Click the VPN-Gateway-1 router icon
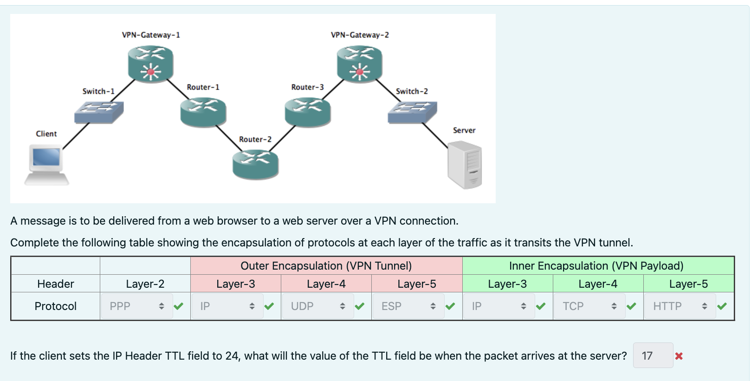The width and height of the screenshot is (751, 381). coord(150,64)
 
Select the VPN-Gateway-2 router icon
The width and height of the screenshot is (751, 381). coord(359,64)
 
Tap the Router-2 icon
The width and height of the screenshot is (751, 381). coord(255,165)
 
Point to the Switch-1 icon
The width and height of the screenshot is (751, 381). coord(99,112)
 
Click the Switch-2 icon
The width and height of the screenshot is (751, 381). coord(412,112)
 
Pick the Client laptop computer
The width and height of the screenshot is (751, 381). coord(46,165)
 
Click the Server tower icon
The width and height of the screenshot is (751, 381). coord(465,165)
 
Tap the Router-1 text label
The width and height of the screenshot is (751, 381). coord(203,87)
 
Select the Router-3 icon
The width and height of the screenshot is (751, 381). coord(307,112)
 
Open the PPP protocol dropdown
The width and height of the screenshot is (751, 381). coord(137,306)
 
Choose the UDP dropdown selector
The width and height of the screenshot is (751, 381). coord(318,306)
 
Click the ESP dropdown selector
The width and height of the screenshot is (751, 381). coord(408,306)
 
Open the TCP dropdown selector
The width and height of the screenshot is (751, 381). coord(589,306)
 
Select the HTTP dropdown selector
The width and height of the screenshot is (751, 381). coord(680,306)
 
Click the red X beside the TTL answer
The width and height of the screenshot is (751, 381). coord(679,356)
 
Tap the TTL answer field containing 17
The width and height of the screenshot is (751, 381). coord(653,355)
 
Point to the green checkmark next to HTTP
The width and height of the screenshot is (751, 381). coord(722,306)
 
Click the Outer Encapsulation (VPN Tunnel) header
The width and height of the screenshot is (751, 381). coord(326,266)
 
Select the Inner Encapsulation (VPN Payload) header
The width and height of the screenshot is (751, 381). coord(598,266)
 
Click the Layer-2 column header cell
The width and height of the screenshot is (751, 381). coord(145,284)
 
